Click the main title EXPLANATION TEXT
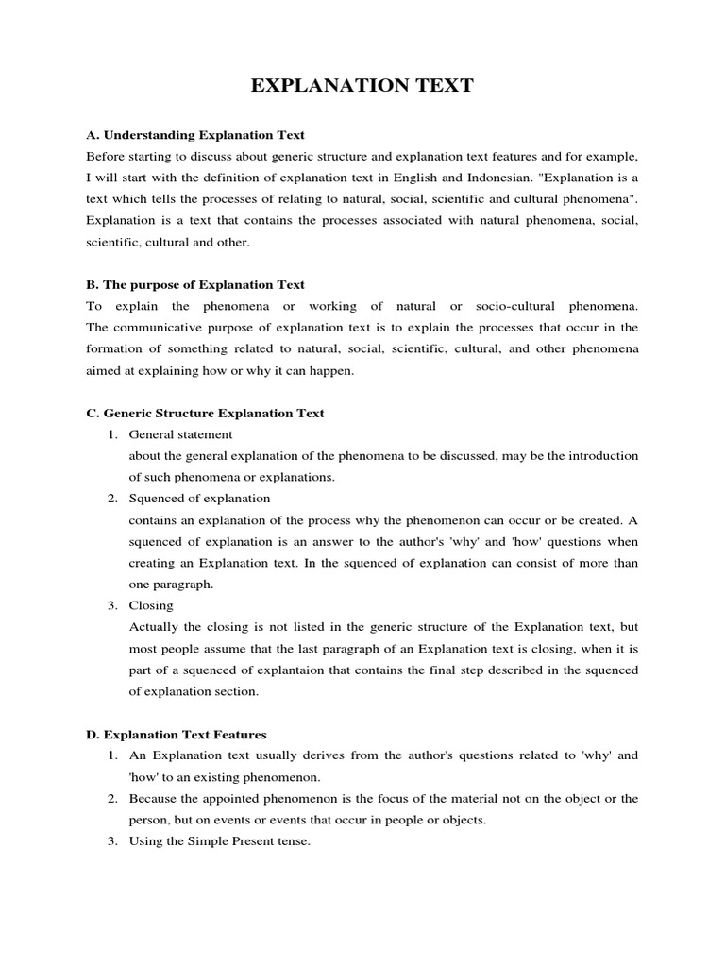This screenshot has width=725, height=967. (x=362, y=87)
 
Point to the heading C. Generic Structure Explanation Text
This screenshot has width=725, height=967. (x=205, y=413)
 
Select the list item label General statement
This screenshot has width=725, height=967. (x=180, y=434)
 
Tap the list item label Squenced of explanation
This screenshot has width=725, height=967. (x=199, y=498)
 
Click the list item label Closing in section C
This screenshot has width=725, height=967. (x=151, y=605)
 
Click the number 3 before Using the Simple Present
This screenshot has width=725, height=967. (x=110, y=840)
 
